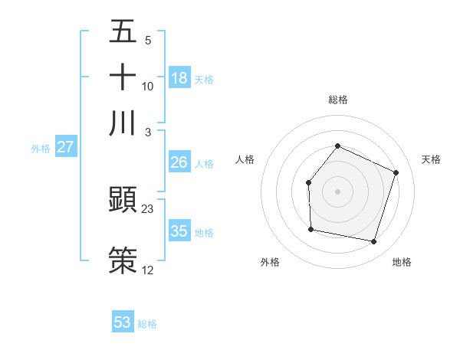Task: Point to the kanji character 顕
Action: (123, 200)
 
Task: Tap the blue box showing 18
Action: (179, 77)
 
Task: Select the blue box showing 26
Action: (179, 162)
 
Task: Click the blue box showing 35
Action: (179, 231)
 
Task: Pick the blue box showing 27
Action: (65, 147)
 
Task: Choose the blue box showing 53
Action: (123, 322)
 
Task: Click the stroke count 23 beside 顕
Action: (148, 208)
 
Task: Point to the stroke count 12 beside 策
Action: (148, 270)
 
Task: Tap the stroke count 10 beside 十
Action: (148, 86)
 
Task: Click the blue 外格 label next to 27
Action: (40, 149)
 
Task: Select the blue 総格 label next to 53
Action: (147, 324)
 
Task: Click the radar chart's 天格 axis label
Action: (431, 159)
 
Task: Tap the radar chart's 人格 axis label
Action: (245, 159)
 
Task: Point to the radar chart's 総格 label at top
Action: (338, 100)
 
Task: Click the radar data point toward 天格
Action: (396, 172)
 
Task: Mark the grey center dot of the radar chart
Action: (338, 191)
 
